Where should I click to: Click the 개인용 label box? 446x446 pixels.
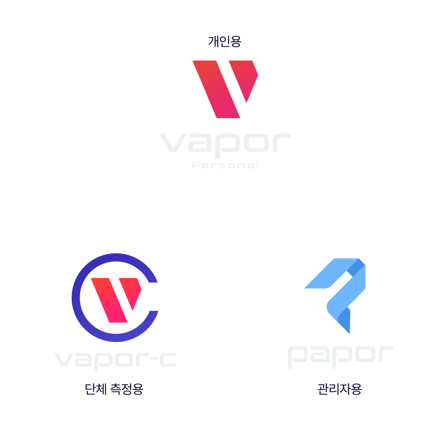[225, 41]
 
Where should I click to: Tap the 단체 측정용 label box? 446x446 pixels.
[114, 389]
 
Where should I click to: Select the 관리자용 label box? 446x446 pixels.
[340, 389]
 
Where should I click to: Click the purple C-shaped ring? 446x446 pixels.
[78, 297]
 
